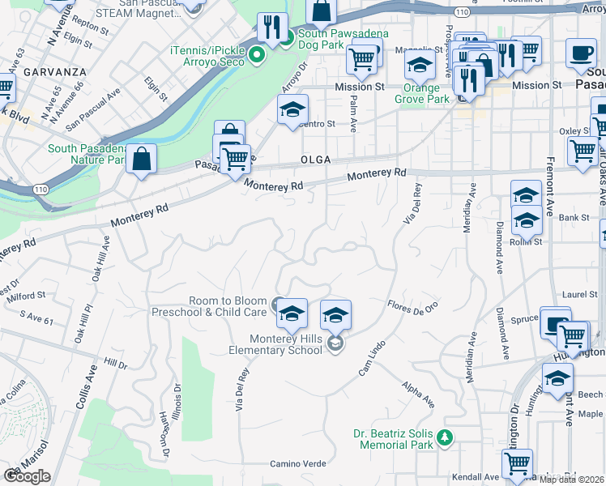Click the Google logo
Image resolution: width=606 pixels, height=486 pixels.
point(26,476)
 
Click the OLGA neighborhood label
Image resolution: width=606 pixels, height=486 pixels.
point(316,160)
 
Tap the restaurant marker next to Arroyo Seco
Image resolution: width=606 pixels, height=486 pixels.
point(272,28)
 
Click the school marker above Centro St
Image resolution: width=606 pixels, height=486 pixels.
point(292,110)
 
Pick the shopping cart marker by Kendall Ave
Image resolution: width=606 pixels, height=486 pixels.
point(516,464)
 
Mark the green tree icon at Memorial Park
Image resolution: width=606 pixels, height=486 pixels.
point(443,438)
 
